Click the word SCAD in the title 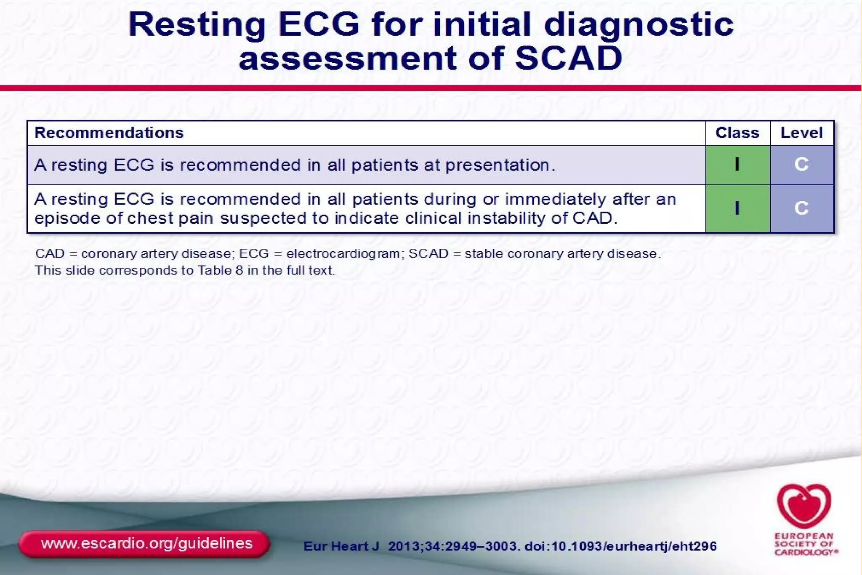click(x=568, y=58)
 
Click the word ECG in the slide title click(x=319, y=24)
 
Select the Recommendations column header click(x=109, y=133)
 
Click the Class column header click(x=737, y=133)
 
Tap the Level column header click(x=801, y=133)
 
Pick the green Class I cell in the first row click(x=737, y=165)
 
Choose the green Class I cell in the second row click(x=737, y=208)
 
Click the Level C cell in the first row click(x=801, y=165)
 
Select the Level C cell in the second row click(x=801, y=208)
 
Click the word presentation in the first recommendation click(x=500, y=165)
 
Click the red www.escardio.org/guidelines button click(x=144, y=544)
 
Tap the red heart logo click(x=803, y=506)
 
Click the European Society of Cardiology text click(x=805, y=544)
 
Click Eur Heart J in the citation click(x=341, y=546)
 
